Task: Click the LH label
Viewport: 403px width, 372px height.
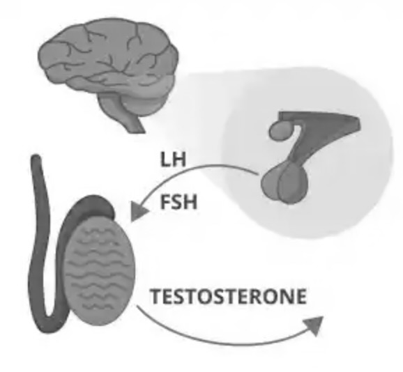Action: click(x=172, y=159)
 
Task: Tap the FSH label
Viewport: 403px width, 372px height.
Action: click(x=178, y=202)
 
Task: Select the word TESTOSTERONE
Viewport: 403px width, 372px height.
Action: click(x=229, y=297)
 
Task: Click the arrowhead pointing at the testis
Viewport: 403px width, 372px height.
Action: click(x=138, y=210)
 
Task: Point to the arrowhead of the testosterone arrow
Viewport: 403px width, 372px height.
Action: click(x=314, y=325)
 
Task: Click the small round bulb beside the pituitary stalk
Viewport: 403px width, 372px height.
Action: click(x=280, y=130)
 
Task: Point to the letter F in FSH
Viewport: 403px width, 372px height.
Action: click(x=165, y=202)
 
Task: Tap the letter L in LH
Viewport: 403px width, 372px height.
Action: click(x=165, y=160)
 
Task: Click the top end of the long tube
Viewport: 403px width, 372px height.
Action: click(x=36, y=157)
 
